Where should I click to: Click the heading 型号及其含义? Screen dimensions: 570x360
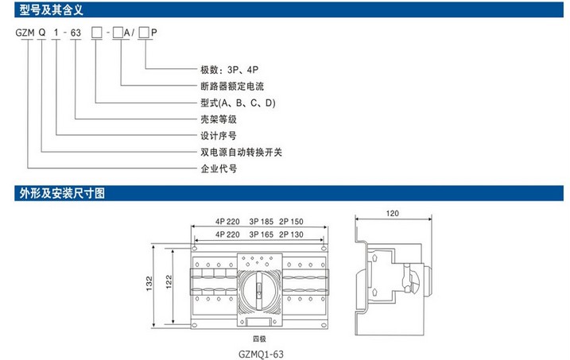(x=51, y=10)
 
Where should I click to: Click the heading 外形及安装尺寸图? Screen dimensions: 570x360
(x=62, y=193)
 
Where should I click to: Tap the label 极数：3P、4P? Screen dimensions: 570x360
(x=230, y=69)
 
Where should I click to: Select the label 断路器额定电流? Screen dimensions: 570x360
(x=232, y=86)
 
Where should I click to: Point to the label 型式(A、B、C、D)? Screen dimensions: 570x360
(x=238, y=103)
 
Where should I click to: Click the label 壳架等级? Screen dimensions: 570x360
(x=219, y=119)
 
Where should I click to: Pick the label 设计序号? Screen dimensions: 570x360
(x=219, y=136)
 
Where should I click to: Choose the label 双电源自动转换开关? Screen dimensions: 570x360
(x=242, y=152)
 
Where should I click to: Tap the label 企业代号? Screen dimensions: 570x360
(x=219, y=168)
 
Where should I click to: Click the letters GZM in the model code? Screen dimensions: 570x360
(x=25, y=33)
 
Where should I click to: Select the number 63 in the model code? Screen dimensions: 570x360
(x=76, y=33)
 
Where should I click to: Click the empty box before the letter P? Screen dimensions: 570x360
(x=144, y=33)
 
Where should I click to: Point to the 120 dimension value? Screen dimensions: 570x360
(x=392, y=213)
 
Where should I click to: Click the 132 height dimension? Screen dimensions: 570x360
(x=149, y=284)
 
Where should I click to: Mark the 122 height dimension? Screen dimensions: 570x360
(x=169, y=282)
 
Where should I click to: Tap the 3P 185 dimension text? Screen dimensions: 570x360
(x=261, y=221)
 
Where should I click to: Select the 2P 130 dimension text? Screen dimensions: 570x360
(x=291, y=234)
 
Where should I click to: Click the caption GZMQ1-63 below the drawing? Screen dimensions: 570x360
(x=261, y=354)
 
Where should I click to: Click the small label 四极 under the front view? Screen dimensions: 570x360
(x=259, y=339)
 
